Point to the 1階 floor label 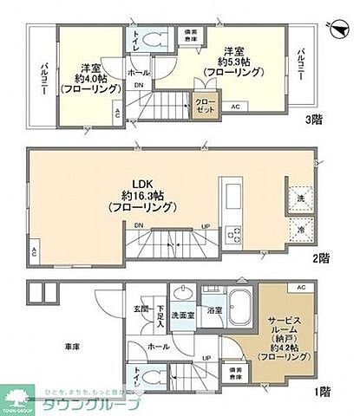tap(322, 391)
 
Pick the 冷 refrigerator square tap(299, 231)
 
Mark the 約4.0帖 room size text tap(91, 78)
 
